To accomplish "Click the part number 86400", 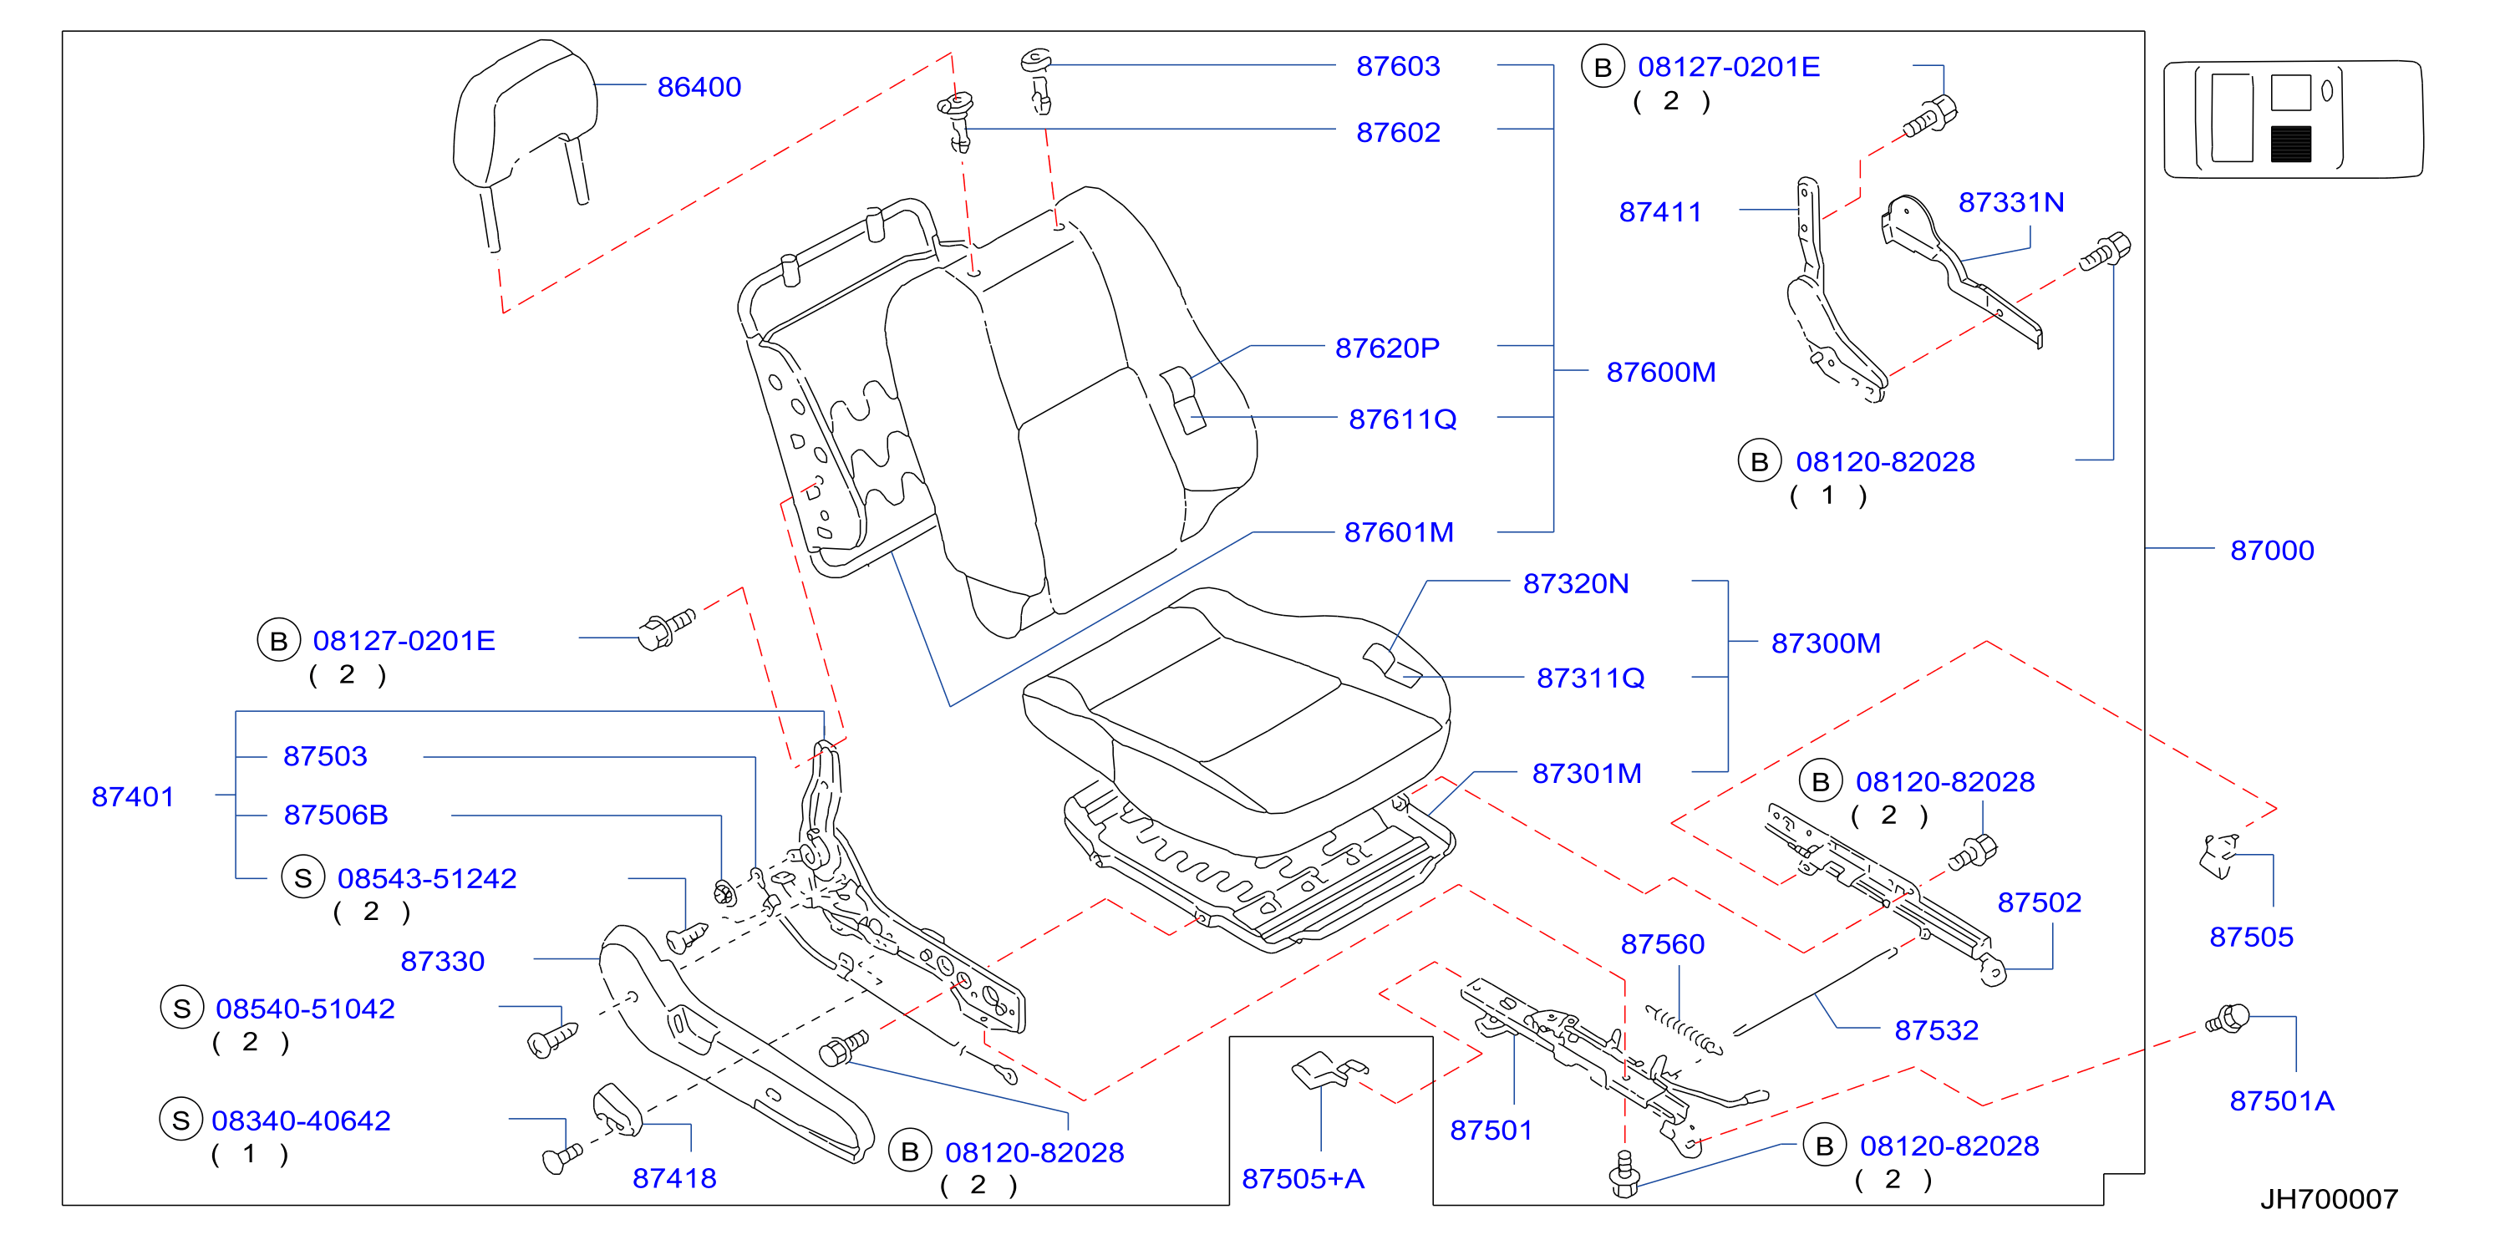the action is (699, 87).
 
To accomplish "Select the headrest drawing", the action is (525, 135).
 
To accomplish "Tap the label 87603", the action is (1398, 66).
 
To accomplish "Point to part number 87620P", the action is (1387, 348).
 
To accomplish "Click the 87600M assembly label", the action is (1660, 372).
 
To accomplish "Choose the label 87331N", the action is (2010, 202).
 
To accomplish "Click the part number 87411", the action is (1660, 212).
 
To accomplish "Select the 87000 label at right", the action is (2271, 551).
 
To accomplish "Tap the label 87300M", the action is (1826, 643).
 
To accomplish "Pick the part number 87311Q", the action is (1590, 678).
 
